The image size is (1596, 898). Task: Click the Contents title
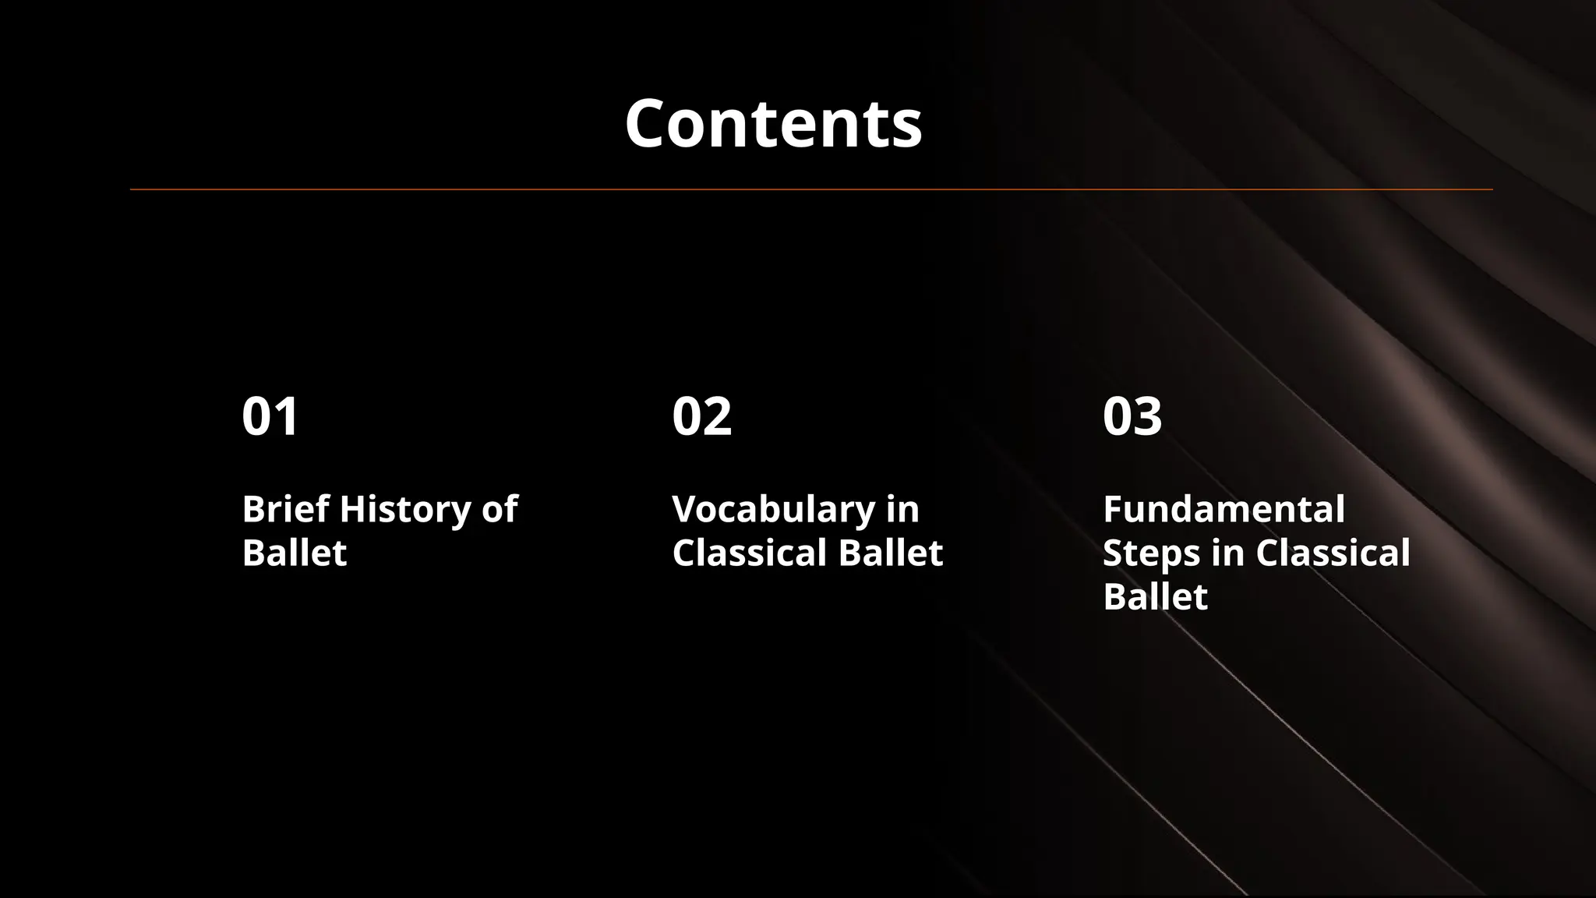[x=773, y=124]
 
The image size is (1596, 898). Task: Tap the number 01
[x=270, y=416]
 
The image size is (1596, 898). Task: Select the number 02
[x=701, y=416]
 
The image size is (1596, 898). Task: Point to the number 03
[x=1132, y=416]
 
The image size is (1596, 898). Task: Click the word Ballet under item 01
[x=294, y=553]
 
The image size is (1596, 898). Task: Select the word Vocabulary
[x=773, y=511]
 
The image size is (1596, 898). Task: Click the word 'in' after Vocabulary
[x=902, y=509]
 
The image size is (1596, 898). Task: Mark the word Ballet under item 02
[x=891, y=553]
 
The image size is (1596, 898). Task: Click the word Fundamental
[x=1223, y=509]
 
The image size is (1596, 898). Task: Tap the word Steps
[x=1151, y=554]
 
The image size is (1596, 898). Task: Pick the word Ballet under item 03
[x=1155, y=597]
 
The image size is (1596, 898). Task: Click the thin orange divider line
[x=810, y=189]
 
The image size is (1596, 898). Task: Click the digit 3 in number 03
[x=1147, y=416]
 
